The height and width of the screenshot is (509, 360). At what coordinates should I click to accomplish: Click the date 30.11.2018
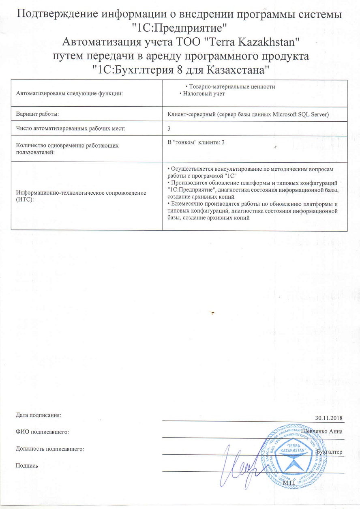(x=329, y=418)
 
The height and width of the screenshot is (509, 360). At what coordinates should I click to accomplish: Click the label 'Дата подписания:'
(x=38, y=415)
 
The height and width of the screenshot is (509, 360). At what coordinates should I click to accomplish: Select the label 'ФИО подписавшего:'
(x=42, y=432)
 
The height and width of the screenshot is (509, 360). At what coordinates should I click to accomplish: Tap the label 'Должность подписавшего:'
(x=49, y=449)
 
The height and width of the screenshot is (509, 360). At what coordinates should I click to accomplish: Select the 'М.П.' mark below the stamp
(x=289, y=483)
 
